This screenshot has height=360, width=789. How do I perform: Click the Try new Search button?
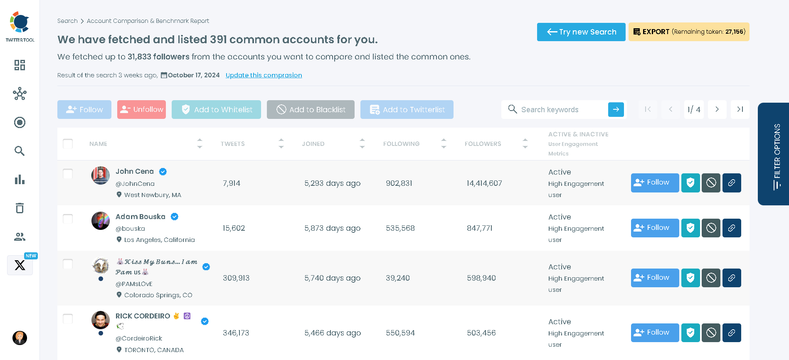click(581, 32)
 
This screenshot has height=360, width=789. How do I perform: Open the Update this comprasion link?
click(264, 75)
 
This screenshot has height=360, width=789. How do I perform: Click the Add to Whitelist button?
click(216, 110)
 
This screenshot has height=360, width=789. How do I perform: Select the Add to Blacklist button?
click(311, 110)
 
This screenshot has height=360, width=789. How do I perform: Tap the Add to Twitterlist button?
click(407, 110)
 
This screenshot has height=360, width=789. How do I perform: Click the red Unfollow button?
click(141, 110)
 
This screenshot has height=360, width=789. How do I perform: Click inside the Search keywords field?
click(557, 110)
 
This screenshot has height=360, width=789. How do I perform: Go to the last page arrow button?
click(740, 109)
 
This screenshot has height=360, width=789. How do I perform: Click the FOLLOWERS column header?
click(483, 144)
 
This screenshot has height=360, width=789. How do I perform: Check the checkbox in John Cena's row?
click(68, 174)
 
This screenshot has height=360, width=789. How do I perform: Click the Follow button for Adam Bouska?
click(655, 228)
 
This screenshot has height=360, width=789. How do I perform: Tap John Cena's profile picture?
click(101, 175)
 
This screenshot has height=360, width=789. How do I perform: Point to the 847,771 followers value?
click(479, 228)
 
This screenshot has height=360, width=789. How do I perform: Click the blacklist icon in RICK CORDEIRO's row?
click(711, 333)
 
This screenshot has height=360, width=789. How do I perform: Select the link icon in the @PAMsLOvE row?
click(732, 278)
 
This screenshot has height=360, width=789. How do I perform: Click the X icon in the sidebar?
click(20, 265)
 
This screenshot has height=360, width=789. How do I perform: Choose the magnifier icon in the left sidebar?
click(20, 151)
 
